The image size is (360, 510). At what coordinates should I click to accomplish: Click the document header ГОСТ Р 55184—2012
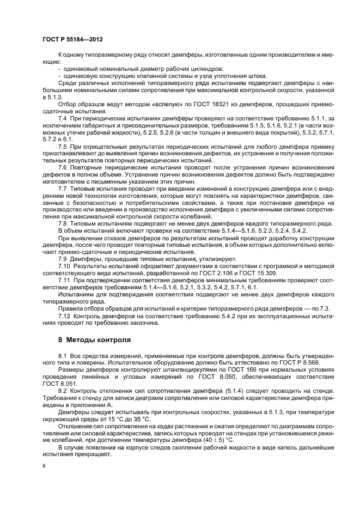coord(72,40)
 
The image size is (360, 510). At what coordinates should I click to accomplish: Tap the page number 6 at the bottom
coord(44,466)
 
